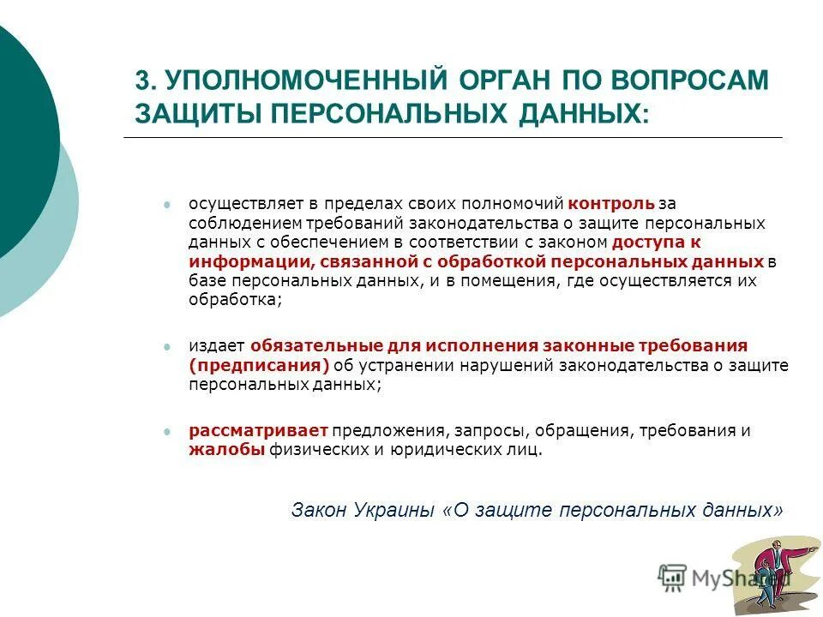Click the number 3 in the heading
coord(142,83)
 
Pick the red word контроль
coord(610,204)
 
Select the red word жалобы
coord(226,451)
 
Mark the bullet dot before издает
coord(168,346)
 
